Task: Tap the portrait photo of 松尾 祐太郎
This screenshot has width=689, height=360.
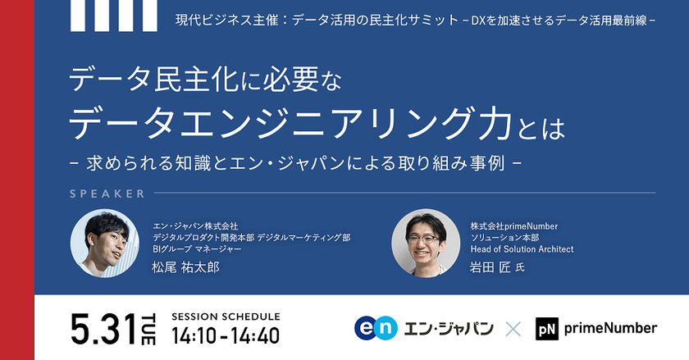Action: pyautogui.click(x=103, y=243)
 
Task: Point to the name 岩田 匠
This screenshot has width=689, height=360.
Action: pyautogui.click(x=491, y=267)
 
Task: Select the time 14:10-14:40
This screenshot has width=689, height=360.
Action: pyautogui.click(x=225, y=335)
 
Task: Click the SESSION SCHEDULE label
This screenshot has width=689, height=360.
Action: pyautogui.click(x=226, y=316)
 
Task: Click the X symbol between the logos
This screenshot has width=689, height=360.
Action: pyautogui.click(x=513, y=329)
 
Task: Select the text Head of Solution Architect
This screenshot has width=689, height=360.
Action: pyautogui.click(x=522, y=249)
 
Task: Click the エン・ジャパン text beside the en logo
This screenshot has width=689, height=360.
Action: pyautogui.click(x=449, y=328)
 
